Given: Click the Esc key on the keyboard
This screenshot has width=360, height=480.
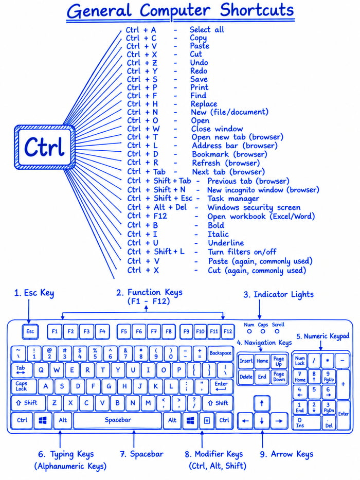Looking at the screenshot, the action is pyautogui.click(x=30, y=331).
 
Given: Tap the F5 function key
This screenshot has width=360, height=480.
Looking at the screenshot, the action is pyautogui.click(x=123, y=331).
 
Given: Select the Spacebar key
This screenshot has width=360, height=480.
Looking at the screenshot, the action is pyautogui.click(x=118, y=420).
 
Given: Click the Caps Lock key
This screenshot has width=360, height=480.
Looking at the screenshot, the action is pyautogui.click(x=23, y=386).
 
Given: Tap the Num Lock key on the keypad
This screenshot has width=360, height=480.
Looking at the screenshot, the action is pyautogui.click(x=300, y=361).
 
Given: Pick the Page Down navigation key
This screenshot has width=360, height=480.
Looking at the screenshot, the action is pyautogui.click(x=279, y=377).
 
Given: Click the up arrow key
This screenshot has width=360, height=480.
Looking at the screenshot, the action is pyautogui.click(x=262, y=403).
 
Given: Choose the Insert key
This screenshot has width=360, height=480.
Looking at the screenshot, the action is pyautogui.click(x=246, y=361).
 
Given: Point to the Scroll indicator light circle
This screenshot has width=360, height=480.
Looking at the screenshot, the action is pyautogui.click(x=277, y=331).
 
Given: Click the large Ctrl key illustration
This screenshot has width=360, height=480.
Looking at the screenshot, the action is pyautogui.click(x=45, y=147).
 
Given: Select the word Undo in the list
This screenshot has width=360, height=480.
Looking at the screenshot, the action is pyautogui.click(x=199, y=62).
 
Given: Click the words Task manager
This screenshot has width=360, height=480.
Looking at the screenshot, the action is pyautogui.click(x=233, y=199).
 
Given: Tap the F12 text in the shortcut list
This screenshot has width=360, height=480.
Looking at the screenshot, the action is pyautogui.click(x=160, y=216).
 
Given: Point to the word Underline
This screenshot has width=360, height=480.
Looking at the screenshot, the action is pyautogui.click(x=226, y=243).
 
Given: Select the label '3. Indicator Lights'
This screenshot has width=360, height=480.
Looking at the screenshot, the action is pyautogui.click(x=279, y=294).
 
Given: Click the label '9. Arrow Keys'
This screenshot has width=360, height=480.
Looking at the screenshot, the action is pyautogui.click(x=286, y=454).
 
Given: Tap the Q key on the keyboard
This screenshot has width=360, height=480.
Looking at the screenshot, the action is pyautogui.click(x=41, y=370).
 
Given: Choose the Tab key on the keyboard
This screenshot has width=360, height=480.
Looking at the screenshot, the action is pyautogui.click(x=21, y=370).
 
